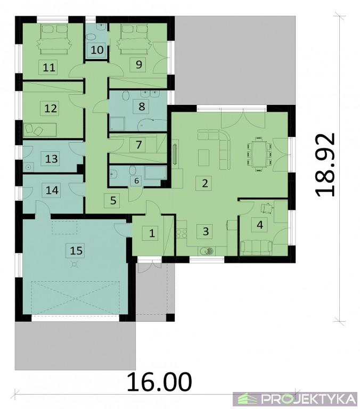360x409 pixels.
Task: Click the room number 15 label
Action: click(x=77, y=251)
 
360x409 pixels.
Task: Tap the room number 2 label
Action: click(x=204, y=183)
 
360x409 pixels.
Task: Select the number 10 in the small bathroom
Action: click(x=97, y=50)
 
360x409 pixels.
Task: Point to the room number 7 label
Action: click(x=139, y=144)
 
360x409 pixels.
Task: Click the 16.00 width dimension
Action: click(x=159, y=382)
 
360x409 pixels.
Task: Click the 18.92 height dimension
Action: click(x=325, y=165)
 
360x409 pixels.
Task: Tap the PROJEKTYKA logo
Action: click(x=295, y=398)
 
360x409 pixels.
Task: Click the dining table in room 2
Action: click(x=258, y=154)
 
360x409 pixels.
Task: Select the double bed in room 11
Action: click(x=55, y=39)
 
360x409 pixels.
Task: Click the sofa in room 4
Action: click(x=257, y=248)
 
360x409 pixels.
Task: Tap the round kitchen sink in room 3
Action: click(x=207, y=251)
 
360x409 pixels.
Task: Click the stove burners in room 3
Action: click(x=182, y=233)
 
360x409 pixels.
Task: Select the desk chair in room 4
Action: click(x=267, y=208)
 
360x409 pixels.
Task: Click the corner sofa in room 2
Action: click(x=215, y=149)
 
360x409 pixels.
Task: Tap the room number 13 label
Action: click(x=51, y=159)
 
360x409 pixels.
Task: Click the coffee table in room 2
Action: click(x=204, y=157)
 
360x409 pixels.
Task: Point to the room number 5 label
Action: click(x=113, y=201)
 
